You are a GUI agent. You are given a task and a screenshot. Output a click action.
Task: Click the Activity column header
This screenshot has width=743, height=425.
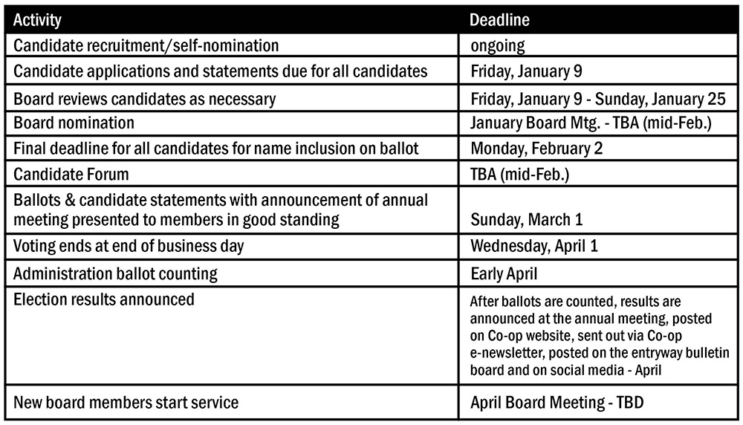[37, 20]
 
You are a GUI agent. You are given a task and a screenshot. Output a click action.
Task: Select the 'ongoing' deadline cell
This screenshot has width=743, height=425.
[497, 46]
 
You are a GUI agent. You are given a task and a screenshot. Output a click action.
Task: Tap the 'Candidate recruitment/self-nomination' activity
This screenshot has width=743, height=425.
[146, 46]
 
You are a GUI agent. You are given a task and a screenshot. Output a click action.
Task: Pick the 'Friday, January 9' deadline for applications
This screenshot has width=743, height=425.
[527, 72]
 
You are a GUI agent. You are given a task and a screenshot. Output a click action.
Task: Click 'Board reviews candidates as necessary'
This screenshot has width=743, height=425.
[145, 98]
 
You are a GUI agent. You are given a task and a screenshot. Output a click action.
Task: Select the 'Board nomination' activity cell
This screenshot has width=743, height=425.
[74, 123]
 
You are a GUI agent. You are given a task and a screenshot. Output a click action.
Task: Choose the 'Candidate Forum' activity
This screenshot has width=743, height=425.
[71, 175]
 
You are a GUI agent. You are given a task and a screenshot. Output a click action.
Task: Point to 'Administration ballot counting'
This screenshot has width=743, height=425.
[116, 273]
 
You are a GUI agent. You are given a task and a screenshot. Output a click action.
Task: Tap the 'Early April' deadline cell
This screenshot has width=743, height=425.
[504, 273]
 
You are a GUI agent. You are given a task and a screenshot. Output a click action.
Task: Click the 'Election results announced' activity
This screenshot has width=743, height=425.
[104, 299]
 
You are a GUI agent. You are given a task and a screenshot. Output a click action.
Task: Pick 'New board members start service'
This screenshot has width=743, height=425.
[126, 403]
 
